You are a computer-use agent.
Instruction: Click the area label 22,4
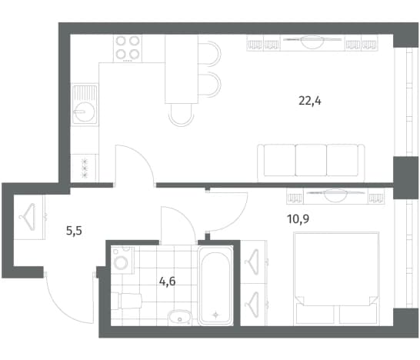tap(310, 102)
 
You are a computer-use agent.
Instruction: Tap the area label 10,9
tap(298, 219)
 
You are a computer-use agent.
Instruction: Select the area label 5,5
tap(74, 230)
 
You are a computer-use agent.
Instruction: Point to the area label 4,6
tap(168, 282)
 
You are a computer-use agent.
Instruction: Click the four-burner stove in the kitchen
tap(128, 48)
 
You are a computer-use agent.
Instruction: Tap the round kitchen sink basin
tap(84, 112)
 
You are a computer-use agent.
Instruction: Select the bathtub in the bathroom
tap(215, 285)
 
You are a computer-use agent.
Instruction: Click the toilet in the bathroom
tap(126, 301)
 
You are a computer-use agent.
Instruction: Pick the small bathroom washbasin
tap(179, 318)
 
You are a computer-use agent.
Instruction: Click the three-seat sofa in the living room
tap(311, 162)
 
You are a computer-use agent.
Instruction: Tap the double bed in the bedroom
tap(336, 278)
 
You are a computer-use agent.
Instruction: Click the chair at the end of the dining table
tap(182, 115)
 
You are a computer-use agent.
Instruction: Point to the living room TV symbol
tap(312, 42)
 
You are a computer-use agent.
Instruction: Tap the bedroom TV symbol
tap(335, 195)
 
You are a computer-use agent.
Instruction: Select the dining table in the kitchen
tap(182, 69)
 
